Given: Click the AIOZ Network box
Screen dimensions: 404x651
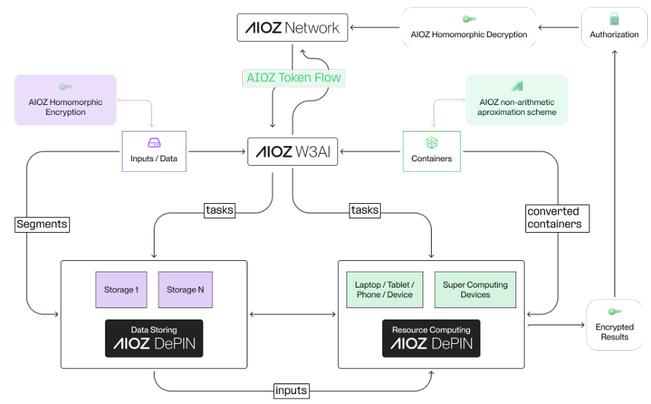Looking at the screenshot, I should coord(292,28).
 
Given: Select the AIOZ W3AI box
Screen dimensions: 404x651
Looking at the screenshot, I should coord(292,151).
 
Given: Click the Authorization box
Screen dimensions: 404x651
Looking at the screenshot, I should coord(614,28).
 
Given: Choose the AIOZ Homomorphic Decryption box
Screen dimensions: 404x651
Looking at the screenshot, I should coord(468,28).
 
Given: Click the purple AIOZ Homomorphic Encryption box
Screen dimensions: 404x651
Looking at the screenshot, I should coord(65,100).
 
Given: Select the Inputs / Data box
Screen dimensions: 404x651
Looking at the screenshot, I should coord(154,151).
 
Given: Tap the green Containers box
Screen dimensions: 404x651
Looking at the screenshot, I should coord(431,151).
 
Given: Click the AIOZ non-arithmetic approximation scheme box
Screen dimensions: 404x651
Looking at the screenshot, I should coord(516,100).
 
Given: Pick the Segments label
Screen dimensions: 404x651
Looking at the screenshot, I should coord(42,224).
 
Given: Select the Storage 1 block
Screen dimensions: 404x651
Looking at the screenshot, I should coord(120,290).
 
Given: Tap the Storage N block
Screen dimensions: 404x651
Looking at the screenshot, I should coord(186,290).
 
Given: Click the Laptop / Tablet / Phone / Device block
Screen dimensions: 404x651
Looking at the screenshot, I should coord(384,290).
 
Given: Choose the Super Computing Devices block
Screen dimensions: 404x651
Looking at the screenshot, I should coord(475,290).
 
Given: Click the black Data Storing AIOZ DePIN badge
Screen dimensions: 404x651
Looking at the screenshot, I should coord(154,339).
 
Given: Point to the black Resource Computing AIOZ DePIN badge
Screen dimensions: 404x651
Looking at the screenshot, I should coord(431,339).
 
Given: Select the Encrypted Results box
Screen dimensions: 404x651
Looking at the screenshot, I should coord(614,325).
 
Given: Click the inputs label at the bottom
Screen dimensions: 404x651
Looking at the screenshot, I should coord(292,390).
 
